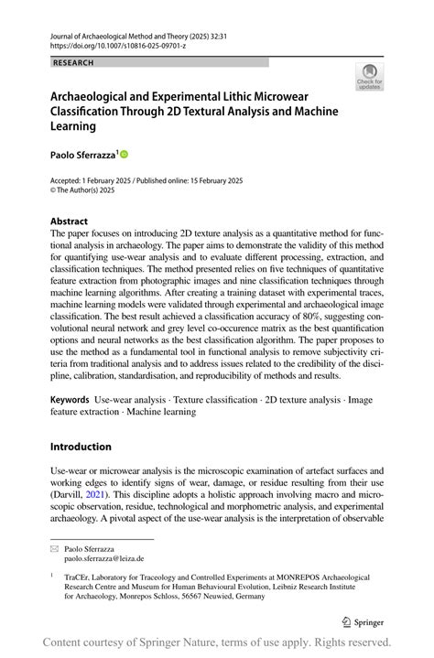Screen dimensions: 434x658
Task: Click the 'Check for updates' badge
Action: pyautogui.click(x=370, y=76)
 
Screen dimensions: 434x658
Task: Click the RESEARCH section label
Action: pyautogui.click(x=73, y=62)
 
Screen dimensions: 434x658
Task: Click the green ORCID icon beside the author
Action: pyautogui.click(x=124, y=155)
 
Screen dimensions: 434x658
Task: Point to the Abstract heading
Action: pyautogui.click(x=70, y=221)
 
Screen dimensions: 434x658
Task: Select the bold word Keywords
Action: pyautogui.click(x=70, y=399)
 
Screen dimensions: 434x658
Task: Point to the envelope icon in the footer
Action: pyautogui.click(x=56, y=547)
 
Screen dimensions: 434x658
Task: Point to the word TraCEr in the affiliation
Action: pyautogui.click(x=80, y=579)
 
